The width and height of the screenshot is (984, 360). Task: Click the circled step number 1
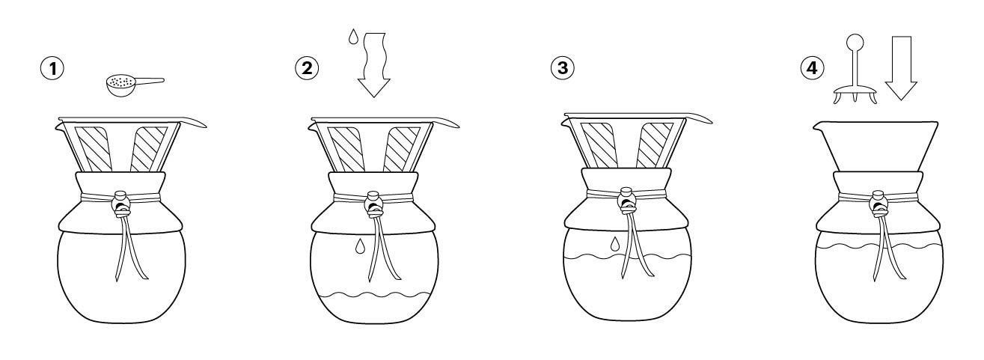[x=52, y=69]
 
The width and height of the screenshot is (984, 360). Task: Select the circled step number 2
[x=307, y=68]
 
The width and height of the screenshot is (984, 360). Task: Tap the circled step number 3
[x=562, y=68]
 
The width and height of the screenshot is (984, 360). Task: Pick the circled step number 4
[x=812, y=68]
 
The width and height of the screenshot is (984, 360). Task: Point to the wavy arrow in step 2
[x=374, y=64]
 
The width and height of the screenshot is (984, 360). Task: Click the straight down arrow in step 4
[x=900, y=68]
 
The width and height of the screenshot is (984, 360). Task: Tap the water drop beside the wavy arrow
[x=353, y=37]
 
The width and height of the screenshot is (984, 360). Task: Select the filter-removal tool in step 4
[x=855, y=70]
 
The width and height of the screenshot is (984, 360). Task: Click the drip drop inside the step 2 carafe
[x=360, y=246]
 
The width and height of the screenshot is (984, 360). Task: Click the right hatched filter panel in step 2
[x=402, y=149]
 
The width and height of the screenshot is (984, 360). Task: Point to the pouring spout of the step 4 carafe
[x=818, y=126]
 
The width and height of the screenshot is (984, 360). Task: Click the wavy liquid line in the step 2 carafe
[x=374, y=294]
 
